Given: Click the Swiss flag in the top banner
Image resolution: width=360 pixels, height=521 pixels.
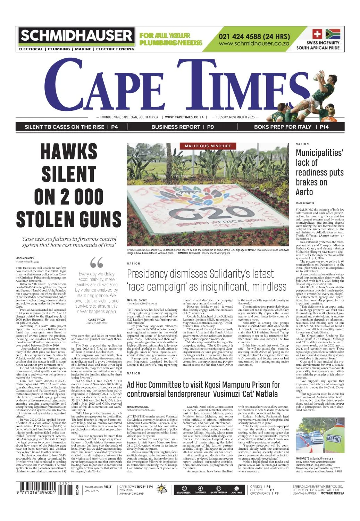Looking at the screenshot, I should pos(317,34).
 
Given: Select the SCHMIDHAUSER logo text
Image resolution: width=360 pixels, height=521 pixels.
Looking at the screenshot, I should pos(76,36).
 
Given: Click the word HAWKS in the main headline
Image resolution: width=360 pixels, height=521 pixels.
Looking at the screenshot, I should pos(69,151).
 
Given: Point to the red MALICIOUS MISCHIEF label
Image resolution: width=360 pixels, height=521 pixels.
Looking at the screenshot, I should pos(208,146).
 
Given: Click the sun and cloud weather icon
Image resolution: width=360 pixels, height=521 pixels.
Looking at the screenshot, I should pos(162,489).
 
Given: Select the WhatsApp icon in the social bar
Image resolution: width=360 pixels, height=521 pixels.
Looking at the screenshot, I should pos(237,488).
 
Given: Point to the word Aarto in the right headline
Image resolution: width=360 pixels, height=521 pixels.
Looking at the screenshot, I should pos(304,192).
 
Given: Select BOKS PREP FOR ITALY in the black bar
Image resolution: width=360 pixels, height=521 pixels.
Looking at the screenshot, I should pos(283,127).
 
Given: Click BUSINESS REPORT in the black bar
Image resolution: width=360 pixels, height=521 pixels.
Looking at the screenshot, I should pos(176,127).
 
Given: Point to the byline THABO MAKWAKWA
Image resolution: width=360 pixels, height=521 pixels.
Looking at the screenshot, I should pos(138,406).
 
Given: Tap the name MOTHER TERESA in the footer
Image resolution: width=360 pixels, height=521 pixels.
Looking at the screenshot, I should pos(332,493).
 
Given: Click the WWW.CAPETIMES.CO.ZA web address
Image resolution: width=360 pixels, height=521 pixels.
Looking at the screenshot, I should pos(184,117).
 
